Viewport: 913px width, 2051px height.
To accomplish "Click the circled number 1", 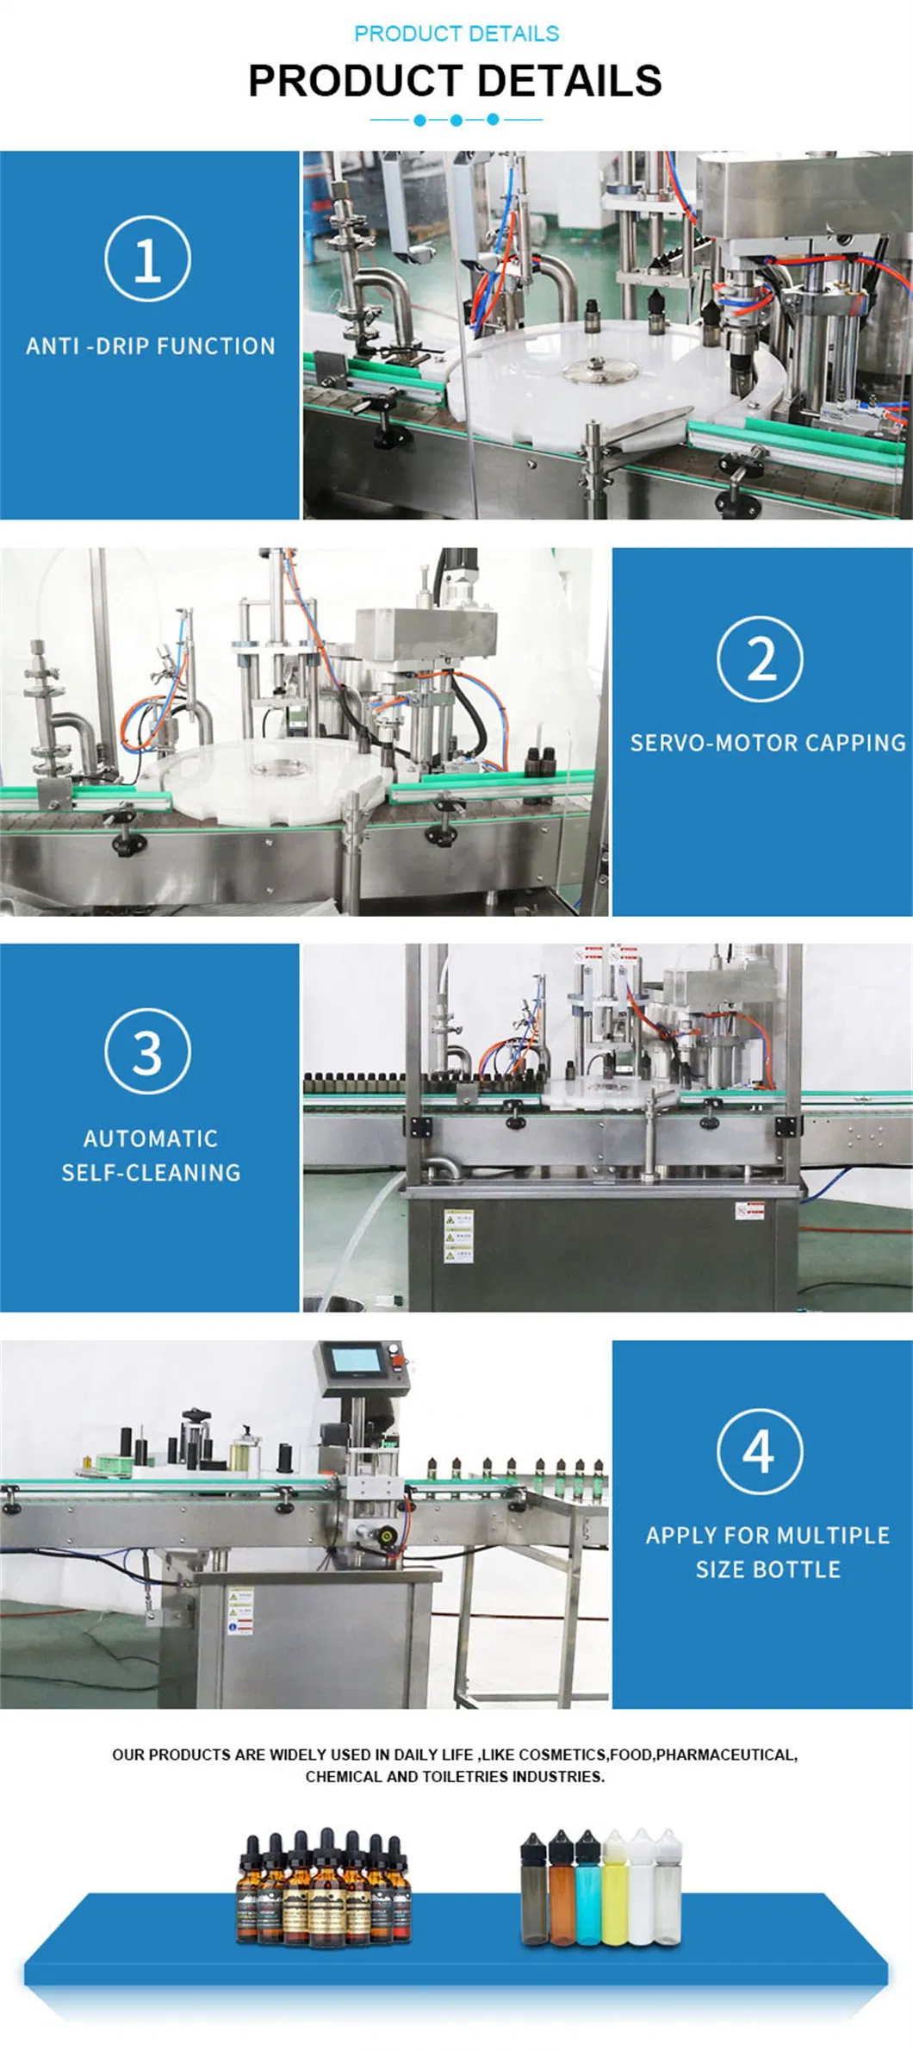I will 147,259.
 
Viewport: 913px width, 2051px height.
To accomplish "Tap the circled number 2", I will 760,658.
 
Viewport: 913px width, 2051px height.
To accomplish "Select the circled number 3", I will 147,1051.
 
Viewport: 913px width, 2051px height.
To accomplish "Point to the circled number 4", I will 759,1451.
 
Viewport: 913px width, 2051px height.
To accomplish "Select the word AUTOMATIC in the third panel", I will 151,1138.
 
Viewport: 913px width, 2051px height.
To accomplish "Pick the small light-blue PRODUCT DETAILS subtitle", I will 456,34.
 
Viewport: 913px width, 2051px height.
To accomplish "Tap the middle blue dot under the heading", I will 456,120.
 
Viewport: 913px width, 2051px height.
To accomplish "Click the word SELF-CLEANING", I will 151,1173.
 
